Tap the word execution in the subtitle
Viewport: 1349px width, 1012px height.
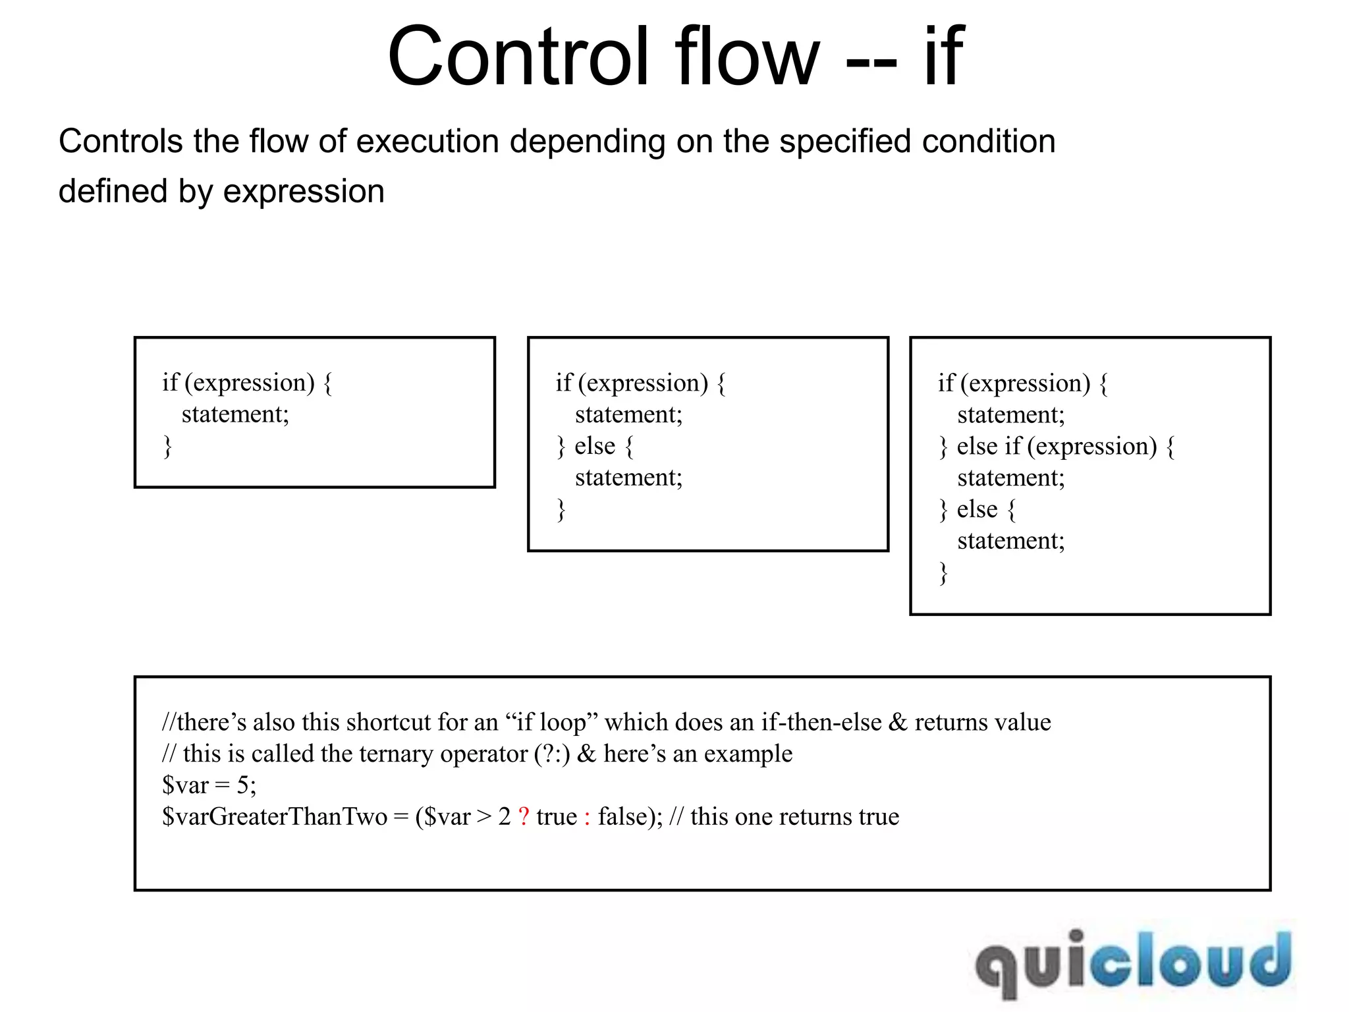point(426,142)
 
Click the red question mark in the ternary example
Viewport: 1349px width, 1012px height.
point(524,817)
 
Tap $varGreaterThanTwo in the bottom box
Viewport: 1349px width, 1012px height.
point(275,817)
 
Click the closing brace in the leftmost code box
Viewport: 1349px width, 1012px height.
point(167,446)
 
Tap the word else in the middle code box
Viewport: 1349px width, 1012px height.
point(594,446)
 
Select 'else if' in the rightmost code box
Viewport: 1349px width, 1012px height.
point(989,447)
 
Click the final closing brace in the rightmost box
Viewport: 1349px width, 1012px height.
point(943,573)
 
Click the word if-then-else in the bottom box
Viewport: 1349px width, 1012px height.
point(821,723)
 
